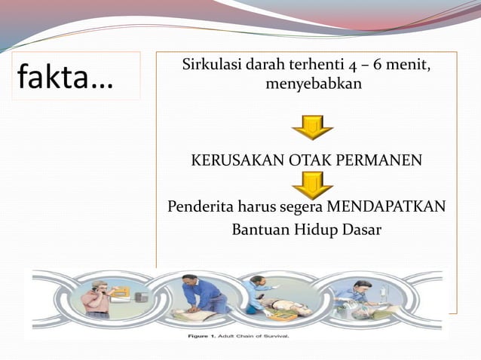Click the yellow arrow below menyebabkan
tap(312, 127)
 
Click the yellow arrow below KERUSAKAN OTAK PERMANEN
tap(312, 184)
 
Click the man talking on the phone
tap(97, 297)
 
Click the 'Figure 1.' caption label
tap(202, 336)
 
